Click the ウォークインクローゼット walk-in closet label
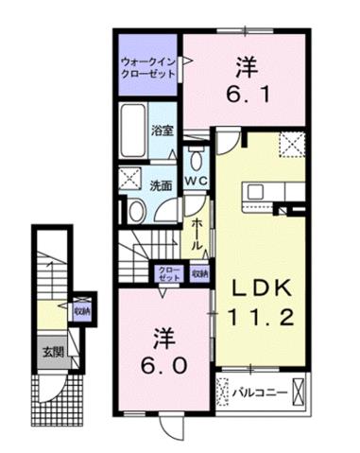[x=148, y=69]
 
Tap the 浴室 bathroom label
[x=163, y=131]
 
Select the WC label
[x=197, y=180]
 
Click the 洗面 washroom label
[x=162, y=185]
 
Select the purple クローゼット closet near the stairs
[x=168, y=273]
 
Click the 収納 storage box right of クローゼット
[x=198, y=273]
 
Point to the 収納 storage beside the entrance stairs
[x=81, y=310]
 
